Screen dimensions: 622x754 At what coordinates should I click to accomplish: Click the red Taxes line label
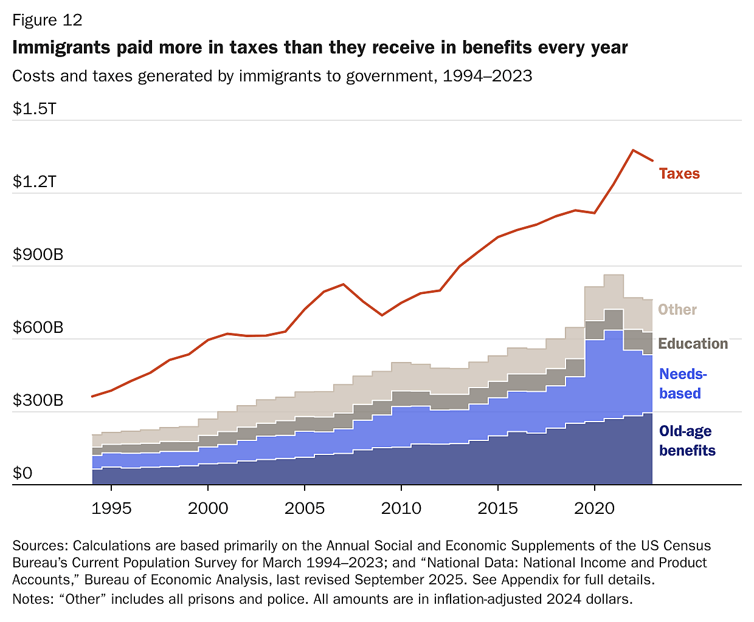tap(679, 174)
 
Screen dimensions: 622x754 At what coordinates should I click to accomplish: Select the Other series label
tap(677, 310)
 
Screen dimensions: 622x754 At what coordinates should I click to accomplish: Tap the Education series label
tap(693, 344)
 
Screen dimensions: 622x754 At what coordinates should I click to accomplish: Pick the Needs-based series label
tap(682, 384)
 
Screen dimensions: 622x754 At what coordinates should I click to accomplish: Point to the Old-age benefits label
tap(687, 441)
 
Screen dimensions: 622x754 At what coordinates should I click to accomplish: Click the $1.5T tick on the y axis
tap(35, 109)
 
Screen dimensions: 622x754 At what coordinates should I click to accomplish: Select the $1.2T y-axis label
tap(35, 182)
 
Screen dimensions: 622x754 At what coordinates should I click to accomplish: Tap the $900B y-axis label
tap(38, 255)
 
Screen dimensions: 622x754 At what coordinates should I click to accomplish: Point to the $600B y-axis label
tap(38, 327)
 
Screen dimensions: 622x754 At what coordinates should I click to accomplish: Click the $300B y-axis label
tap(38, 400)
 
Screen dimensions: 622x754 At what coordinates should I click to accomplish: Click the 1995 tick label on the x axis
tap(111, 508)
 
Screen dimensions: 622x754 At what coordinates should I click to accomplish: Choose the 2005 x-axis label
tap(305, 508)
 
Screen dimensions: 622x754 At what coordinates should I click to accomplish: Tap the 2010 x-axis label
tap(401, 508)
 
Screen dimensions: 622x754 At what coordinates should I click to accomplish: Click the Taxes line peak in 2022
tap(633, 150)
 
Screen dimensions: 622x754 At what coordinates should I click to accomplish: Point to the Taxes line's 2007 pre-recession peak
tap(344, 284)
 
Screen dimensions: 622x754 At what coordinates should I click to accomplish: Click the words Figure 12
tap(47, 20)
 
